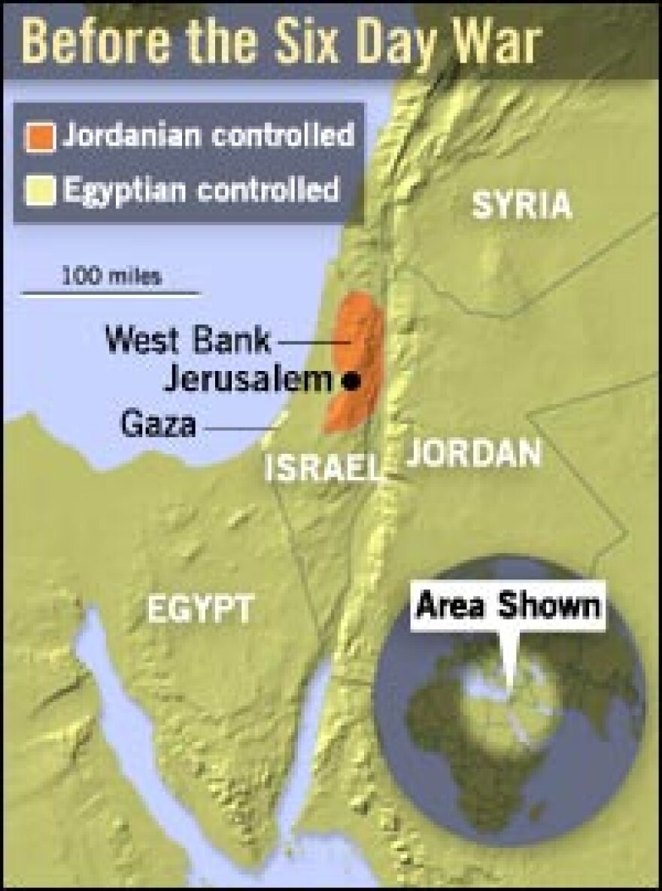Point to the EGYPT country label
click(200, 608)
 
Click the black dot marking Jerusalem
click(350, 382)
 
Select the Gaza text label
click(159, 425)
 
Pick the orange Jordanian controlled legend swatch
click(41, 138)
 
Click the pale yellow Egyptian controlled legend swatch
click(41, 190)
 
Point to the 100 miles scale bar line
click(111, 293)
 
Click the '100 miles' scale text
click(111, 275)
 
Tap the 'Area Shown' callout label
click(509, 606)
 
